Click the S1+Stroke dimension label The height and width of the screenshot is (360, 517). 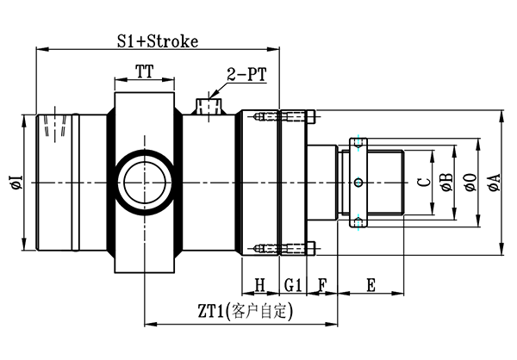(158, 41)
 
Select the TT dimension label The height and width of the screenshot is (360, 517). (145, 71)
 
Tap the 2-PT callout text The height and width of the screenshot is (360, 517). (246, 75)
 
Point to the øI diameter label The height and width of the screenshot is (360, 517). (17, 183)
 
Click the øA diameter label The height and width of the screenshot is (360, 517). (495, 183)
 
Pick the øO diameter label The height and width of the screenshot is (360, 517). (470, 183)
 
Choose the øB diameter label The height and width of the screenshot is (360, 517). (447, 183)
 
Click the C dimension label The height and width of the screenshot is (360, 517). (424, 183)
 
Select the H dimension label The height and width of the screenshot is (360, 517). (260, 285)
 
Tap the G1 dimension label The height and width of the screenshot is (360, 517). (293, 285)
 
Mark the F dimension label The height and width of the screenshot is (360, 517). (322, 285)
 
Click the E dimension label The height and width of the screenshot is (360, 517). (371, 285)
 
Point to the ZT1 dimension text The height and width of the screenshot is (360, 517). (245, 311)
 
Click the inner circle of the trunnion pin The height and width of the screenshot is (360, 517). (145, 183)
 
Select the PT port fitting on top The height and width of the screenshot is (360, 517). (209, 106)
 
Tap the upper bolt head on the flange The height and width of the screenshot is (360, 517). (311, 117)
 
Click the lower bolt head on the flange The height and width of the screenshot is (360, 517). (311, 249)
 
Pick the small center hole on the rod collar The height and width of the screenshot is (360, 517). (358, 183)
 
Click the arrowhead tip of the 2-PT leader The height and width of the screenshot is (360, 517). (209, 97)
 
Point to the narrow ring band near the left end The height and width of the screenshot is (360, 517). (76, 183)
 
